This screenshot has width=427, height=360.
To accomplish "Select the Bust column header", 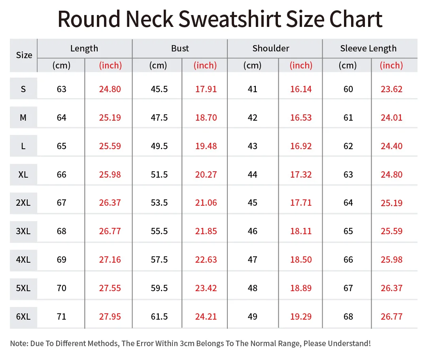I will tap(180, 49).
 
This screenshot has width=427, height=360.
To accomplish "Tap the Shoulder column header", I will tap(271, 49).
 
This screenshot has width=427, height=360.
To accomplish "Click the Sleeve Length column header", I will tap(368, 49).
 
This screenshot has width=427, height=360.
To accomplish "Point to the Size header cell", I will tap(24, 55).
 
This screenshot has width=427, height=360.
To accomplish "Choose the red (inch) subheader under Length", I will tap(110, 65).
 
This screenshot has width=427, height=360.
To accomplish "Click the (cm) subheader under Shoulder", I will tap(253, 65).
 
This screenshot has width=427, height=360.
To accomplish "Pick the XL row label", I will tap(23, 174).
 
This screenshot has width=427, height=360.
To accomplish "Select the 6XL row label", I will tap(23, 316).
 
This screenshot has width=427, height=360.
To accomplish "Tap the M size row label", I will tap(23, 117).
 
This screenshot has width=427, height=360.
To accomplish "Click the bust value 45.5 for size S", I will tap(159, 89).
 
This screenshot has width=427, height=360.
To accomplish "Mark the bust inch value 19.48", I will tap(206, 146).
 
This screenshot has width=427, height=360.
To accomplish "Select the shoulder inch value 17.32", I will tap(301, 174).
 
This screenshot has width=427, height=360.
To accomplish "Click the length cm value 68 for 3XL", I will tap(62, 231).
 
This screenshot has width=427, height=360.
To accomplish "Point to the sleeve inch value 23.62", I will tap(391, 89).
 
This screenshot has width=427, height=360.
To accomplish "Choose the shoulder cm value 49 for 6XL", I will tap(253, 316).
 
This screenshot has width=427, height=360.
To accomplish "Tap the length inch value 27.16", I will tap(110, 260).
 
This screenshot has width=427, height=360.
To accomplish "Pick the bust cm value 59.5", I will tap(159, 288).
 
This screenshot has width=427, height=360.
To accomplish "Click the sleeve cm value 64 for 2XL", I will tap(348, 203).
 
